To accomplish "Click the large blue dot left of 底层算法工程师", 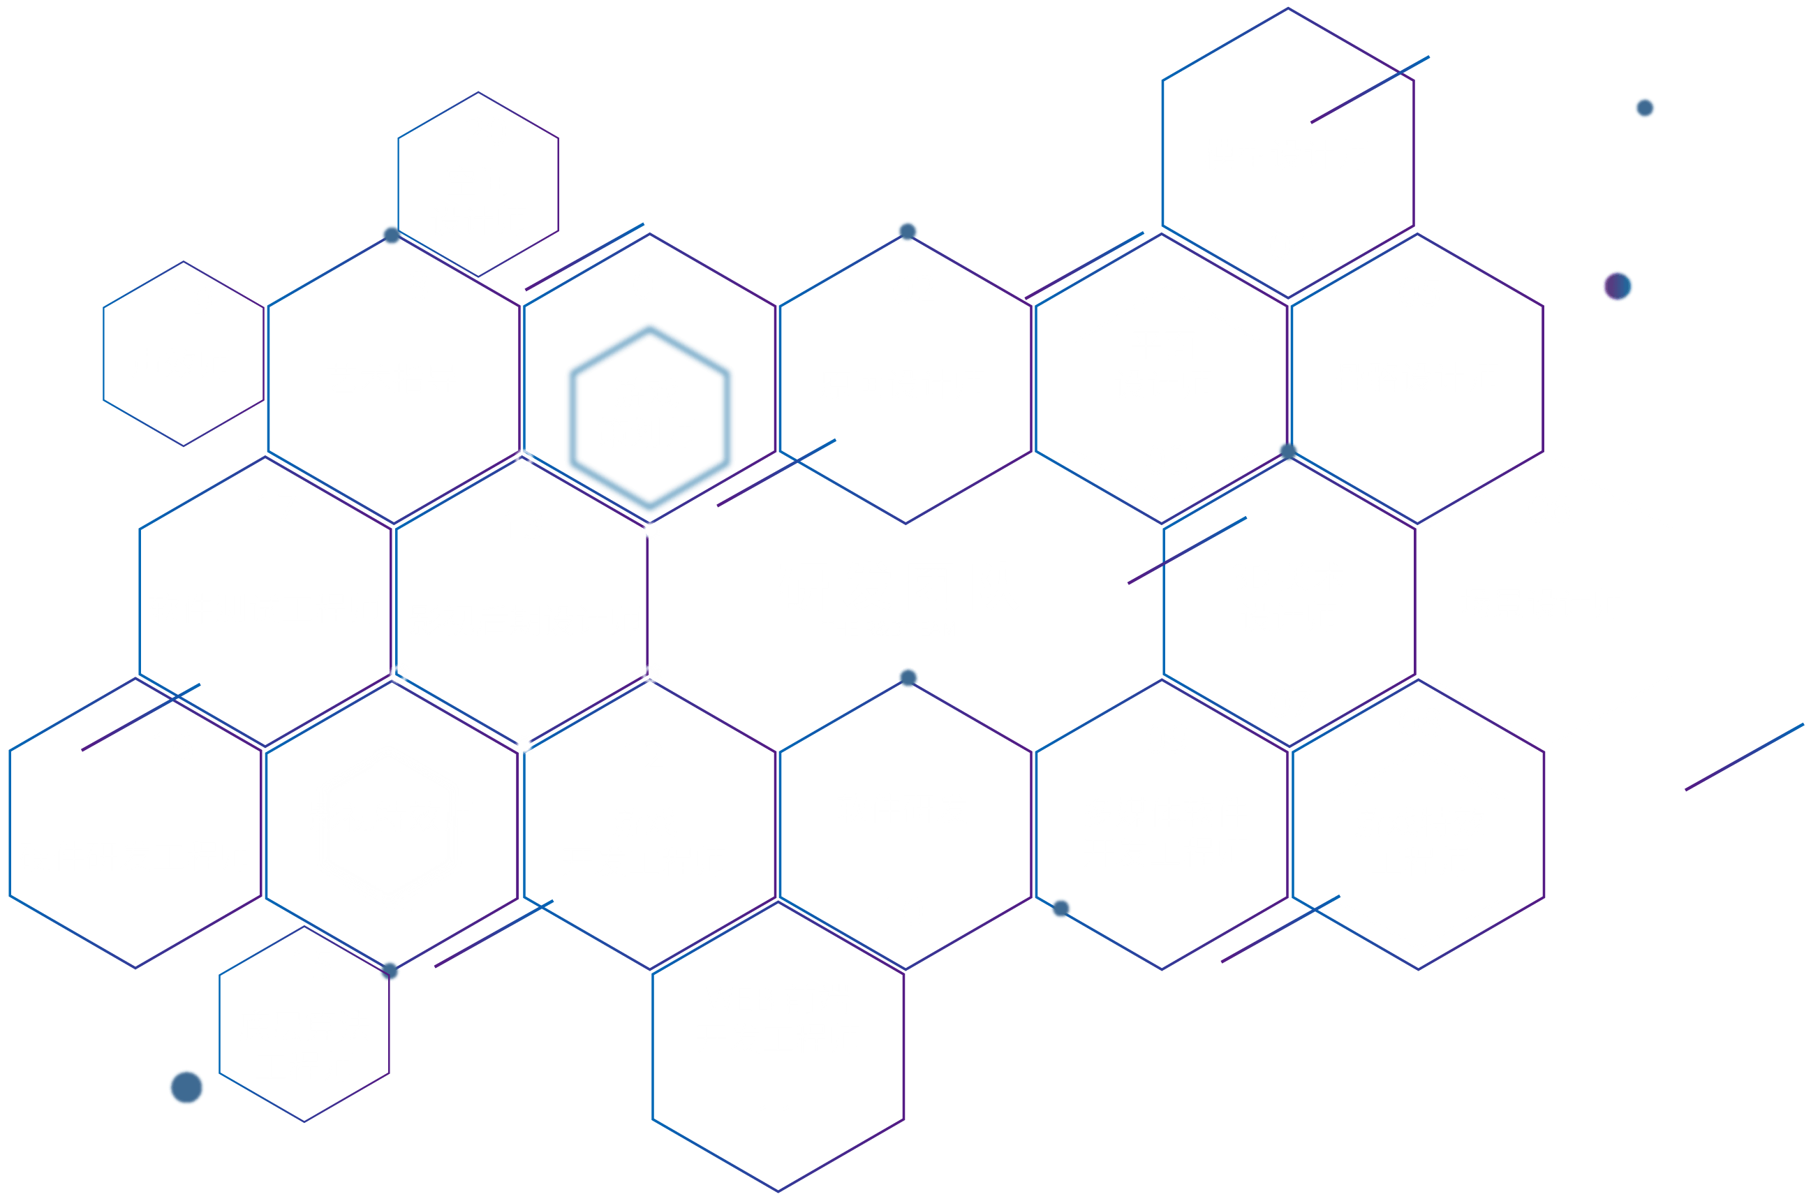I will pyautogui.click(x=186, y=1087).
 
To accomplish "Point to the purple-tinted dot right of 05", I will pyautogui.click(x=1618, y=287).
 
